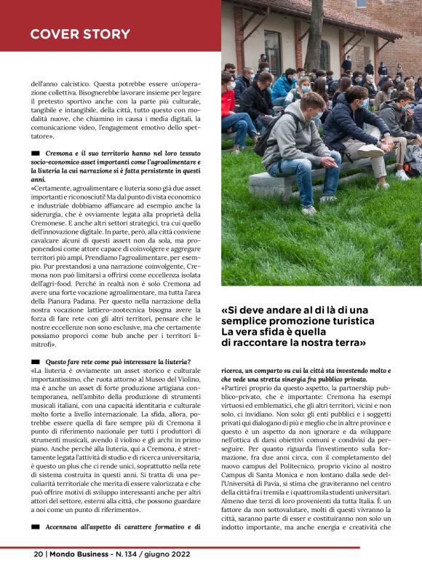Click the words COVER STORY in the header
pyautogui.click(x=80, y=34)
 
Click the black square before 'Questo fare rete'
pyautogui.click(x=35, y=362)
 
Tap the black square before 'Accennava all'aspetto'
pyautogui.click(x=35, y=527)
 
